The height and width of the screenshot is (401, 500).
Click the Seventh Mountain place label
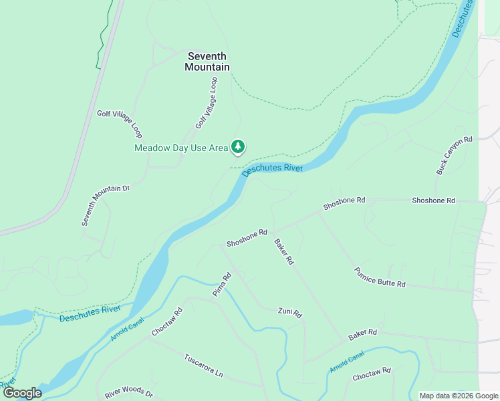tap(207, 61)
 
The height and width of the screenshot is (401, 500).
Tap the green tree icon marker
tap(238, 146)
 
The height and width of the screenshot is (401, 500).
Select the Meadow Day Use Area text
tap(181, 148)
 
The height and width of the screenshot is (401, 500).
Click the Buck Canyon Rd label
tap(455, 156)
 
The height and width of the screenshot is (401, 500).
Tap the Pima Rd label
tap(221, 285)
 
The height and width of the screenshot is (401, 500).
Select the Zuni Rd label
tap(290, 313)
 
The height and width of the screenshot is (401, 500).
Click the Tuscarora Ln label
tap(203, 366)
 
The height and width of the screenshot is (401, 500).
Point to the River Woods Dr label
tap(129, 395)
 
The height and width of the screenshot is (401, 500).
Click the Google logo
tap(21, 393)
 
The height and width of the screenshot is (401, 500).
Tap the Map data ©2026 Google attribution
tap(459, 396)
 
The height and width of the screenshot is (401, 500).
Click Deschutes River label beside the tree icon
tap(273, 169)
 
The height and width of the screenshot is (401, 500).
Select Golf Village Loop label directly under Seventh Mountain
tap(207, 103)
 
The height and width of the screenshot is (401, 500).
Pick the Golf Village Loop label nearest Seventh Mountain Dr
tap(120, 124)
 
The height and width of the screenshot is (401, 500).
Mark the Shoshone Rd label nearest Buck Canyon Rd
tap(433, 200)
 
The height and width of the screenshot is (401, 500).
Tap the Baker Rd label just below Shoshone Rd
tap(284, 252)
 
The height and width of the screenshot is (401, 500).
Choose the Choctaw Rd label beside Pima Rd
tap(167, 321)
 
